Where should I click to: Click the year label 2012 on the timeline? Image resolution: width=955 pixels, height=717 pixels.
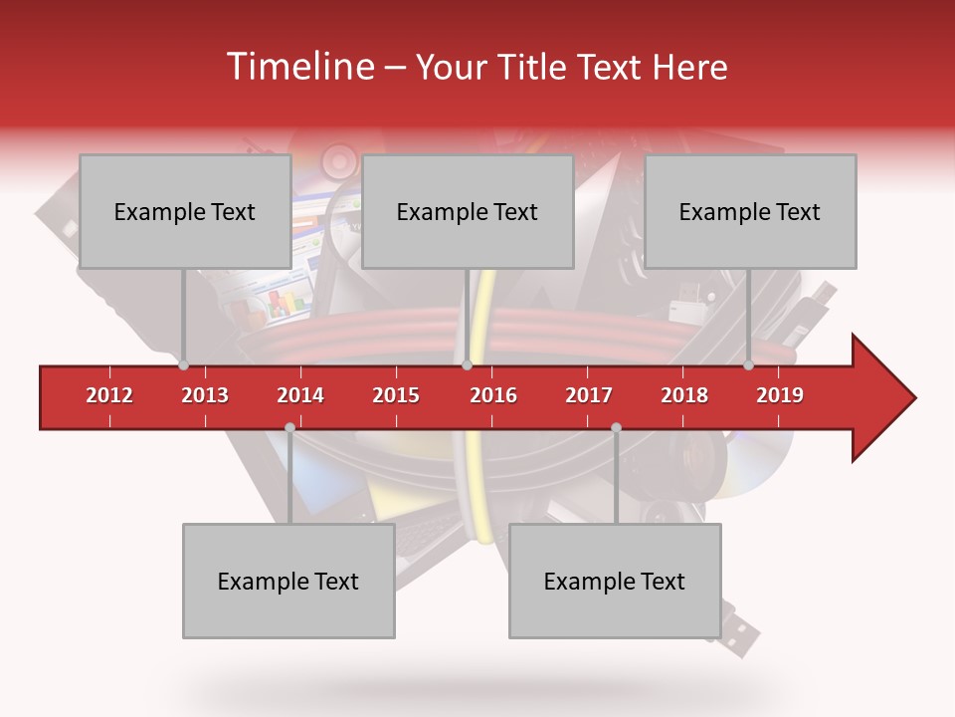pyautogui.click(x=109, y=395)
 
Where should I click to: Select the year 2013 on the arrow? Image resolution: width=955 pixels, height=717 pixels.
pyautogui.click(x=205, y=395)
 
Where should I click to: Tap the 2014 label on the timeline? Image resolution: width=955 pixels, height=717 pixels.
pyautogui.click(x=300, y=395)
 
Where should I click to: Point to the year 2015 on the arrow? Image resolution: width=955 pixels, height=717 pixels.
pyautogui.click(x=396, y=395)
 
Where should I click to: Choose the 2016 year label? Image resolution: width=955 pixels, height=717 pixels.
pyautogui.click(x=493, y=395)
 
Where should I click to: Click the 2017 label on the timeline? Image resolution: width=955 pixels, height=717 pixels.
pyautogui.click(x=589, y=395)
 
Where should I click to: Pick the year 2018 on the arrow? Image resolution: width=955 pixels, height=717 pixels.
pyautogui.click(x=684, y=395)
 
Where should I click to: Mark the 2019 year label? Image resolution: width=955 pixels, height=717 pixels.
pyautogui.click(x=780, y=395)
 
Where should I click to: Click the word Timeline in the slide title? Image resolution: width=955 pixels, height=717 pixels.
pyautogui.click(x=298, y=67)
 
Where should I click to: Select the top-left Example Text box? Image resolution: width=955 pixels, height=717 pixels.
pyautogui.click(x=184, y=211)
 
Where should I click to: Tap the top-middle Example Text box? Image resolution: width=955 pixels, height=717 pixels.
pyautogui.click(x=467, y=211)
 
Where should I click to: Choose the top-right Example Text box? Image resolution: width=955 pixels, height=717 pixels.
pyautogui.click(x=749, y=211)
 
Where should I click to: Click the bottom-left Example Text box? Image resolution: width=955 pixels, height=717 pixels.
pyautogui.click(x=287, y=581)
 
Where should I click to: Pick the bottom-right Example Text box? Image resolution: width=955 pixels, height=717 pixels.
pyautogui.click(x=614, y=581)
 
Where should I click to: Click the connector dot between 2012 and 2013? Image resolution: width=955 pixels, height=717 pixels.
pyautogui.click(x=183, y=365)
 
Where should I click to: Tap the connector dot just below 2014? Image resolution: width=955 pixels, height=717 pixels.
pyautogui.click(x=289, y=427)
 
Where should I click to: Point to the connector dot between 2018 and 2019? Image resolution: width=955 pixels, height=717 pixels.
pyautogui.click(x=748, y=365)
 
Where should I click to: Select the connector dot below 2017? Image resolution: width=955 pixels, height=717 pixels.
pyautogui.click(x=616, y=427)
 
